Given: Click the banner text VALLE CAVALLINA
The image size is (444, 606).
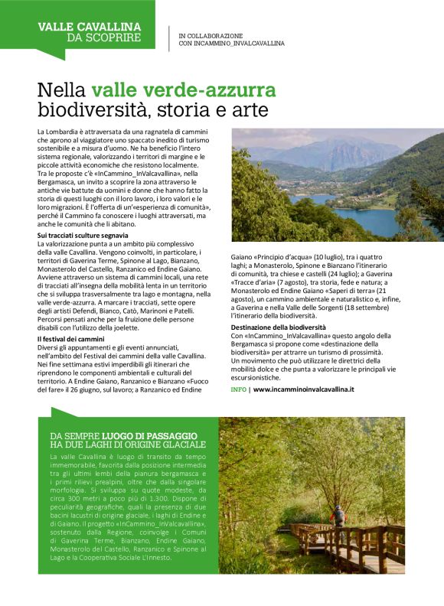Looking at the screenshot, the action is (89, 26).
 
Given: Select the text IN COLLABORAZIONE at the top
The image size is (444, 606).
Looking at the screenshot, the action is (211, 35).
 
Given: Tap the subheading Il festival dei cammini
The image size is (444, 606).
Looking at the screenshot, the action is (71, 339).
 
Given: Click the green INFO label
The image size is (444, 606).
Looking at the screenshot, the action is (238, 389).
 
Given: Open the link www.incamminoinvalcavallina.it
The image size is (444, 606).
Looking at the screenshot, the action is (303, 389).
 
